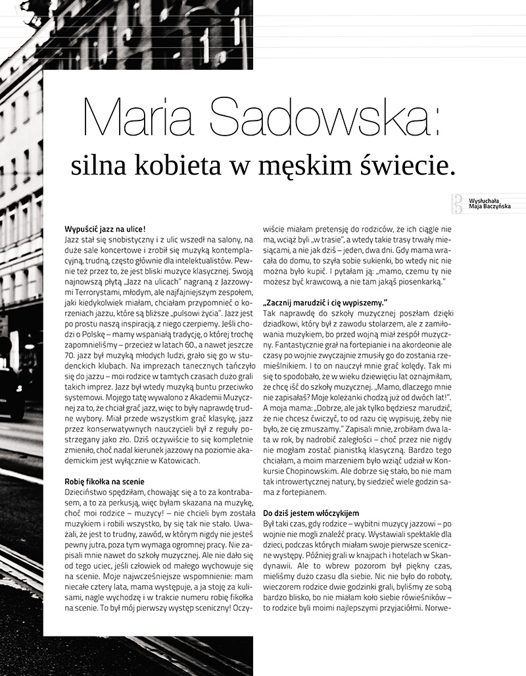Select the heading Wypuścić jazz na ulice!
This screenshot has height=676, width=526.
tap(105, 229)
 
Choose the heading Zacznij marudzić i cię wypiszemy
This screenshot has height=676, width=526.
tap(323, 303)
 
